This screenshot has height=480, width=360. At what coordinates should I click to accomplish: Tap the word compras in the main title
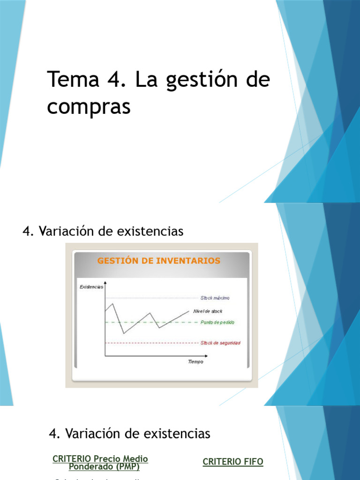(88, 107)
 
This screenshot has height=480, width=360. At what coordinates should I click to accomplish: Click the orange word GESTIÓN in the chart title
(120, 261)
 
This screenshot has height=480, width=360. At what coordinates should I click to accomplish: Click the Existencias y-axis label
(91, 287)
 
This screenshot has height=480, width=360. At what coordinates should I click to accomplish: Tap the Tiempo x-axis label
(195, 361)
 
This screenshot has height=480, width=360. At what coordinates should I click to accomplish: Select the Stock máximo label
(215, 298)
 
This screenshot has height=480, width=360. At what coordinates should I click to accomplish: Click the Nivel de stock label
(208, 311)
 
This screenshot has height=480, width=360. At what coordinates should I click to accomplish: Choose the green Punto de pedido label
(217, 322)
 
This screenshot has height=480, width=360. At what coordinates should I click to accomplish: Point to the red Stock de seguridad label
(220, 343)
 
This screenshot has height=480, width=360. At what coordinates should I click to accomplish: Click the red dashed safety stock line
(150, 343)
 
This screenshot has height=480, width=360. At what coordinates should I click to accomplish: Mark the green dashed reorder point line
(178, 322)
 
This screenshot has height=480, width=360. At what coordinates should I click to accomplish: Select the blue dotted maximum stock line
(150, 298)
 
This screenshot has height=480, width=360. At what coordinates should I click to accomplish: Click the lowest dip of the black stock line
(124, 333)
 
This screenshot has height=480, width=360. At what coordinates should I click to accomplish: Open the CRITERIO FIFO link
(233, 462)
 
